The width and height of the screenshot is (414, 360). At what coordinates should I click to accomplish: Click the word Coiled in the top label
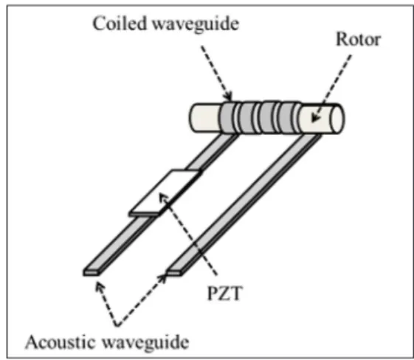(x=120, y=23)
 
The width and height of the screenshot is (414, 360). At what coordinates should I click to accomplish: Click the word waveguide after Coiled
(x=196, y=24)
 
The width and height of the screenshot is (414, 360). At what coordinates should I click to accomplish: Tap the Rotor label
(x=358, y=40)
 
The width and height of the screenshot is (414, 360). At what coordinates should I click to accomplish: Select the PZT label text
(x=224, y=293)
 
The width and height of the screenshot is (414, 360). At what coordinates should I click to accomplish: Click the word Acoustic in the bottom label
(x=61, y=342)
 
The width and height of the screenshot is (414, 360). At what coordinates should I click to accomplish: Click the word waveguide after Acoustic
(x=145, y=343)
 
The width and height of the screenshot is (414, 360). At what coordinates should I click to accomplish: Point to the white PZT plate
(x=166, y=191)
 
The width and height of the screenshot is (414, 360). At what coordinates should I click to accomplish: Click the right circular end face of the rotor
(x=337, y=118)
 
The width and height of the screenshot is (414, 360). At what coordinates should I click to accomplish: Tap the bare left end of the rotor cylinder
(x=205, y=118)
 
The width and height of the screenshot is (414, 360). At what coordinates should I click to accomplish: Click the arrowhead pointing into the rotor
(x=316, y=117)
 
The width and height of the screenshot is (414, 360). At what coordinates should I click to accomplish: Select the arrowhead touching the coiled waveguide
(x=228, y=96)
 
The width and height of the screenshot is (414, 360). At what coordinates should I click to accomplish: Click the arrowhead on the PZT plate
(x=163, y=198)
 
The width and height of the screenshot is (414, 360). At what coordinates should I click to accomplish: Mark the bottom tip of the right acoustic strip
(x=174, y=273)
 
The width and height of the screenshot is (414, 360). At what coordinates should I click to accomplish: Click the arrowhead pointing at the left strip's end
(x=100, y=286)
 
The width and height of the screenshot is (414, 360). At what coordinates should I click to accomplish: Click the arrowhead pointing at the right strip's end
(x=162, y=278)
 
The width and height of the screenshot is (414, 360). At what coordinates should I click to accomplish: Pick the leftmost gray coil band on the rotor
(x=227, y=118)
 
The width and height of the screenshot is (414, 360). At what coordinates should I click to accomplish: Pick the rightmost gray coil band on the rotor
(x=287, y=118)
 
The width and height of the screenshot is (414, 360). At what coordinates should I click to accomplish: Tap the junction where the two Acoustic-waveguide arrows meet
(x=118, y=325)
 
